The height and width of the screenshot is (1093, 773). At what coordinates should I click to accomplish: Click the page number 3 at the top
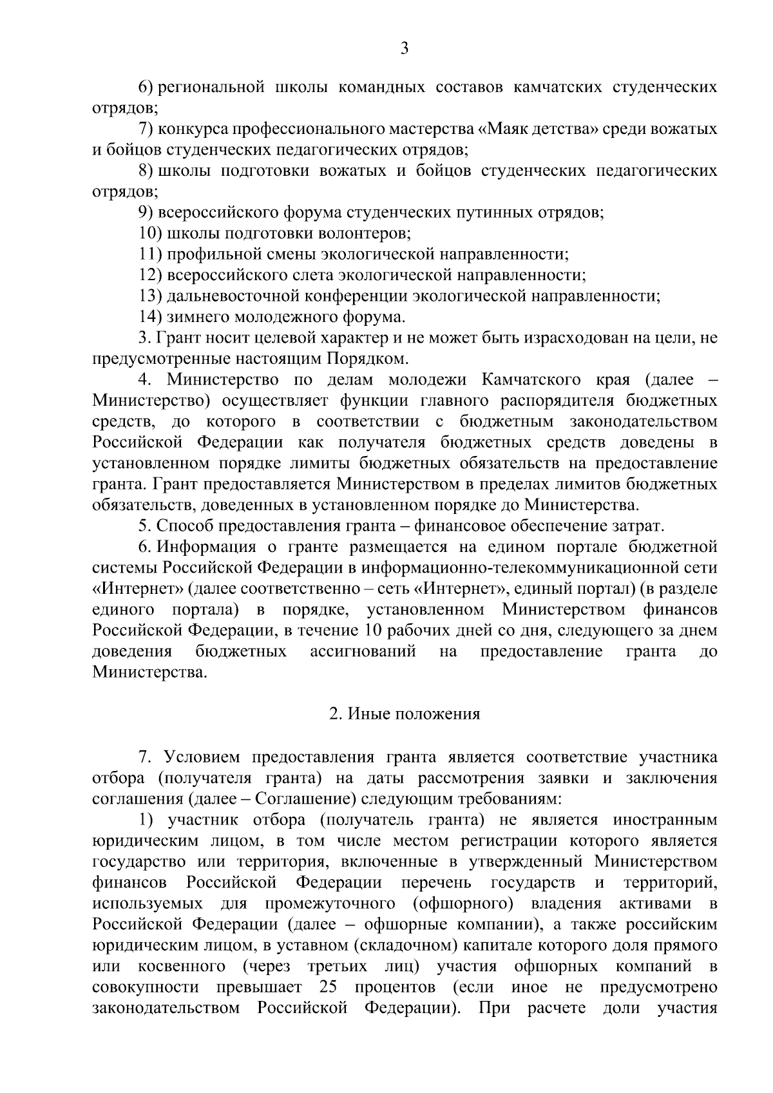404,48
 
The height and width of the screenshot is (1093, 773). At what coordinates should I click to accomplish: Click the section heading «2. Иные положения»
405,714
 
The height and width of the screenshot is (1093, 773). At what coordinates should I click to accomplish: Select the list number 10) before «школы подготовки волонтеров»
151,233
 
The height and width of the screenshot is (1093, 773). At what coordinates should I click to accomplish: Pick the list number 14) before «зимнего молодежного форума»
151,316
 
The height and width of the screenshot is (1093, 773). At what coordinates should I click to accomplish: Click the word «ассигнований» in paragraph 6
363,652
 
